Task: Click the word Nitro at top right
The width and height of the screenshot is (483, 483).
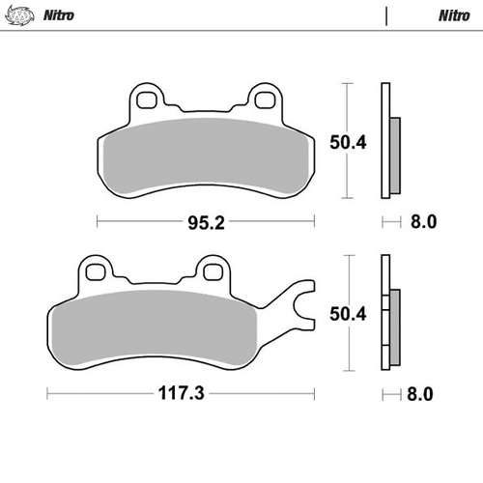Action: [x=454, y=15]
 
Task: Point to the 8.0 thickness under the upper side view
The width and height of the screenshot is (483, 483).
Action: [x=423, y=221]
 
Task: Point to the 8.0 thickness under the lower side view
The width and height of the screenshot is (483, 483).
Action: [x=423, y=395]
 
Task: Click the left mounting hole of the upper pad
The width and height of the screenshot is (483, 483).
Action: [x=147, y=99]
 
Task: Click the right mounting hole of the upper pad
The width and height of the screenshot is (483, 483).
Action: [x=263, y=99]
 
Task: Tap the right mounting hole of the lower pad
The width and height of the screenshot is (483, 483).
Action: [x=212, y=270]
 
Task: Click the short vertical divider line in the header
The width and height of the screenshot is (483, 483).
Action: [x=386, y=16]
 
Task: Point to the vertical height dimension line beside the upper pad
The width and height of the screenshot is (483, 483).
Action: [x=345, y=143]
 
